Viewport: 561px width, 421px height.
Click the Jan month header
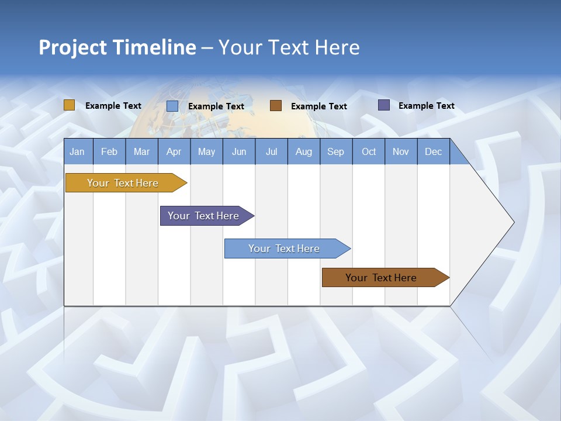[x=78, y=151]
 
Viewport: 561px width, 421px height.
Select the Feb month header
[x=109, y=151]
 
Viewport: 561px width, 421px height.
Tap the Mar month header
[x=141, y=151]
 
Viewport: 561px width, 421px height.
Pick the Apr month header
[x=174, y=151]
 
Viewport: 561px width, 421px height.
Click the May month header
[x=206, y=151]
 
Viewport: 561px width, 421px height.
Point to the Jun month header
[x=239, y=151]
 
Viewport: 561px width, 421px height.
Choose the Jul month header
[x=271, y=151]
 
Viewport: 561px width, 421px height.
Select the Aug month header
[x=304, y=151]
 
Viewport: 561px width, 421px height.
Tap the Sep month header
[x=336, y=151]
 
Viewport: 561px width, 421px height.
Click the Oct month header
[x=369, y=151]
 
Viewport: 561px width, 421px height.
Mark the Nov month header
[x=401, y=151]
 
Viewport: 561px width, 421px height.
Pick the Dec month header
[x=434, y=151]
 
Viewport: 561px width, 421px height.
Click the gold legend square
[x=70, y=105]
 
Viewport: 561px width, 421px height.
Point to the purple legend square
[x=384, y=105]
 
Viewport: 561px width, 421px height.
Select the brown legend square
[x=276, y=106]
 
